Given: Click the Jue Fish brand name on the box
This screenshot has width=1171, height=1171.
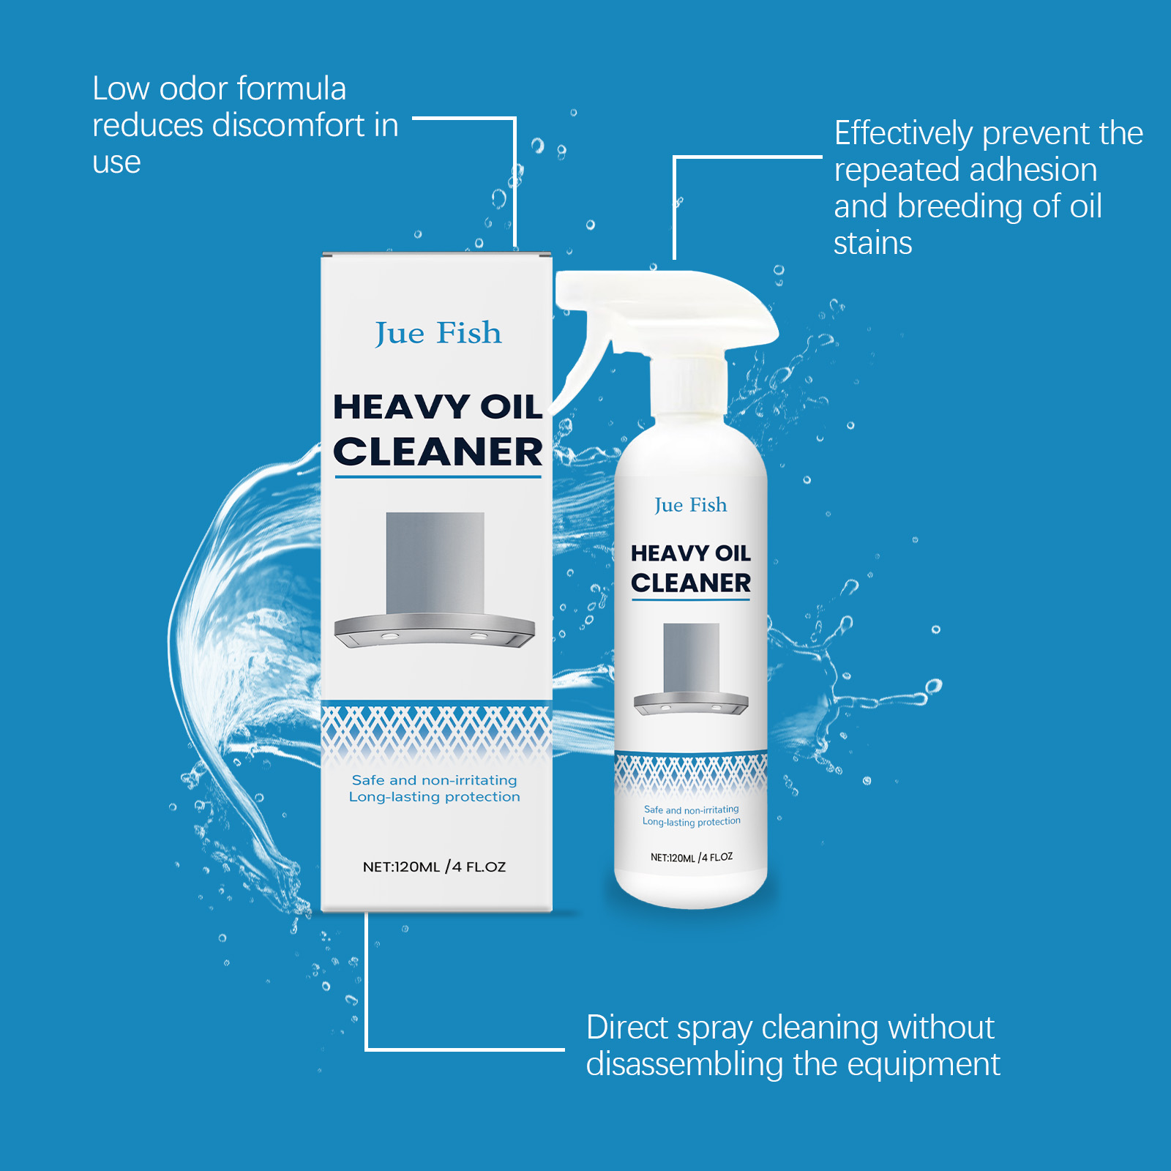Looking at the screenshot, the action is coord(438,334).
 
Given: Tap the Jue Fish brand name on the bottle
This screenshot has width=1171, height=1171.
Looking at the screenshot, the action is coord(691,505).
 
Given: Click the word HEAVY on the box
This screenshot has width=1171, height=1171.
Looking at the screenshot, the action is coord(401,407).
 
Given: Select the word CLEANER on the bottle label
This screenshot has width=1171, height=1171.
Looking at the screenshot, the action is coord(691,583).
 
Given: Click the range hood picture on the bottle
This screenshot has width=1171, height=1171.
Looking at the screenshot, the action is coord(691,669).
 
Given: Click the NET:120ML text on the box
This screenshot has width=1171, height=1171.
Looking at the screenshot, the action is coord(401,867).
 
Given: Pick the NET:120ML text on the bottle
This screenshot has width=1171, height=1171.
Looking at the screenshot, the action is coord(673,858).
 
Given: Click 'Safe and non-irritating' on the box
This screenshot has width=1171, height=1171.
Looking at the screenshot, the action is coord(434,780).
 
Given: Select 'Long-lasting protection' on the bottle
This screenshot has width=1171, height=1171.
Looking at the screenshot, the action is coord(692,822).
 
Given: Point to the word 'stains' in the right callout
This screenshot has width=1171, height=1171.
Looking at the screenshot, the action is coord(873,243).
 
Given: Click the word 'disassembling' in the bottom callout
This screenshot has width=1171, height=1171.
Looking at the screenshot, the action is coord(685,1064).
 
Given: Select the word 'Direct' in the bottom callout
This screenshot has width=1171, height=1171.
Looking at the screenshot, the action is coord(628,1028).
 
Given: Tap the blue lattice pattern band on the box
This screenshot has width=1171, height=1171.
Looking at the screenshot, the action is coord(436,732).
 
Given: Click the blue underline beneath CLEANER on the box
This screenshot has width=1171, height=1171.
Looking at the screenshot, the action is coord(438,477).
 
